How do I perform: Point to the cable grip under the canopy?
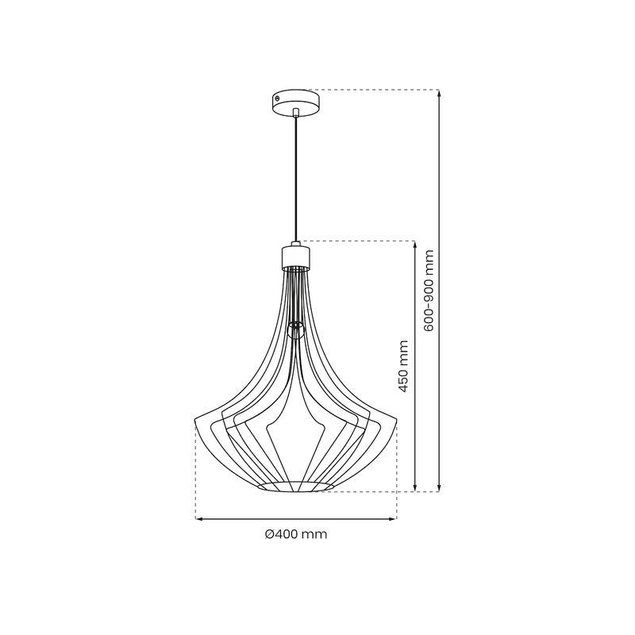tap(295, 113)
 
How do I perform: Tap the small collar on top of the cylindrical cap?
tap(295, 244)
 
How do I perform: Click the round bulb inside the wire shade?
tap(295, 329)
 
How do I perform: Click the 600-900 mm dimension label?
tap(429, 291)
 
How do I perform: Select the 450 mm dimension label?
tap(403, 366)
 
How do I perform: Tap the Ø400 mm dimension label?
tap(295, 534)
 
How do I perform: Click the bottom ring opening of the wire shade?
tap(295, 486)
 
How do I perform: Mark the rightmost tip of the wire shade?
tap(395, 419)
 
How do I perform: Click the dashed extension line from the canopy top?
tap(373, 90)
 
